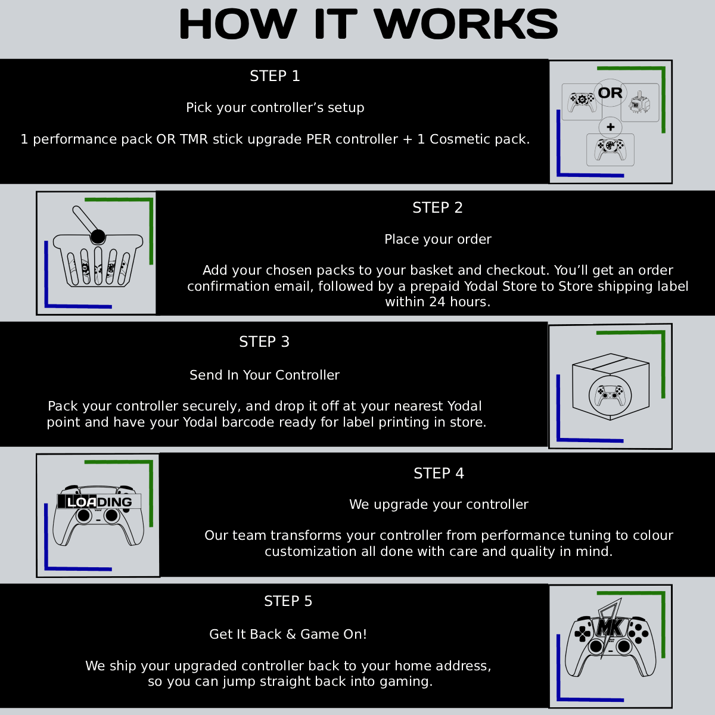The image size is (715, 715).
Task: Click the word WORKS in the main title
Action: point(466,25)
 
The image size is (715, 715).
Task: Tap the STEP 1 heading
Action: point(275,76)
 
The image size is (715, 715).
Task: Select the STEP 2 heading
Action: point(437,208)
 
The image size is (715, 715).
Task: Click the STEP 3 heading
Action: point(264,342)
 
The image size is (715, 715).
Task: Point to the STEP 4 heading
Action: point(439,474)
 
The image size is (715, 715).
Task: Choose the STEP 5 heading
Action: point(288,601)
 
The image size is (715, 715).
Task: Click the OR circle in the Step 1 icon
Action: point(610,93)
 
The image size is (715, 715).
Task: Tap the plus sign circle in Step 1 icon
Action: point(610,127)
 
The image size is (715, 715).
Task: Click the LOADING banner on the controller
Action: point(99,502)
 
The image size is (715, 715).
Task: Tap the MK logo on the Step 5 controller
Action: point(610,627)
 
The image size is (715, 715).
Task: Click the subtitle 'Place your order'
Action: point(437,240)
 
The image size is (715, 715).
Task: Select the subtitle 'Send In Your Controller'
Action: point(264,375)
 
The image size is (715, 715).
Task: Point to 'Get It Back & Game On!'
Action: point(288,635)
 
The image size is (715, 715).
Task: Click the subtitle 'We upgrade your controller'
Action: point(439,505)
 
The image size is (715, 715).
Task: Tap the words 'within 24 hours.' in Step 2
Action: point(437,302)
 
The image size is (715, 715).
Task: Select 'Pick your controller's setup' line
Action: point(275,108)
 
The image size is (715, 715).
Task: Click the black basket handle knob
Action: point(98,237)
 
